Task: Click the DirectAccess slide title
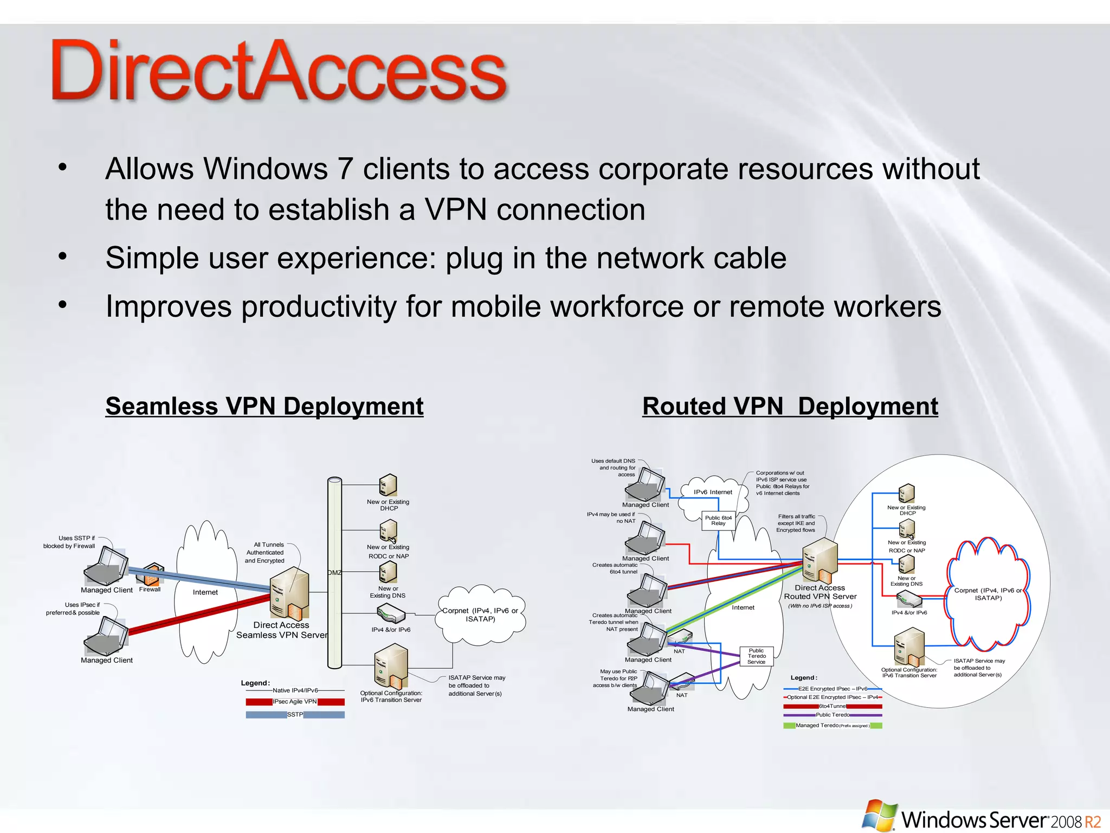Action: pos(279,71)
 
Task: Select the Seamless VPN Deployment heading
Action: pos(264,406)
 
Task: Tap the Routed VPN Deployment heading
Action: pos(790,406)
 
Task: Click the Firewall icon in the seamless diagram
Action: pos(153,574)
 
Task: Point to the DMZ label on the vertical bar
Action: pos(334,573)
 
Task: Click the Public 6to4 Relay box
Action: pos(718,521)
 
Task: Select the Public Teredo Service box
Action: pos(757,656)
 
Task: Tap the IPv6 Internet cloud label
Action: pos(713,492)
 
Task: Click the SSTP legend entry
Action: pos(295,715)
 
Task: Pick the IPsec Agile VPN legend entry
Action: pos(295,702)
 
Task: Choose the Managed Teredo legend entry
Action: pos(832,726)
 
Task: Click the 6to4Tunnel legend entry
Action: pos(832,706)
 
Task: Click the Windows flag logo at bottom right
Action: pos(879,815)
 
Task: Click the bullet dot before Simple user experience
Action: pos(63,256)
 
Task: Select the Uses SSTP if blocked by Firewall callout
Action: pos(69,542)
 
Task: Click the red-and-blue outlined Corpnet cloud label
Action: pos(988,594)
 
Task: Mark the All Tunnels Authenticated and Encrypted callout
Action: pos(264,553)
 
